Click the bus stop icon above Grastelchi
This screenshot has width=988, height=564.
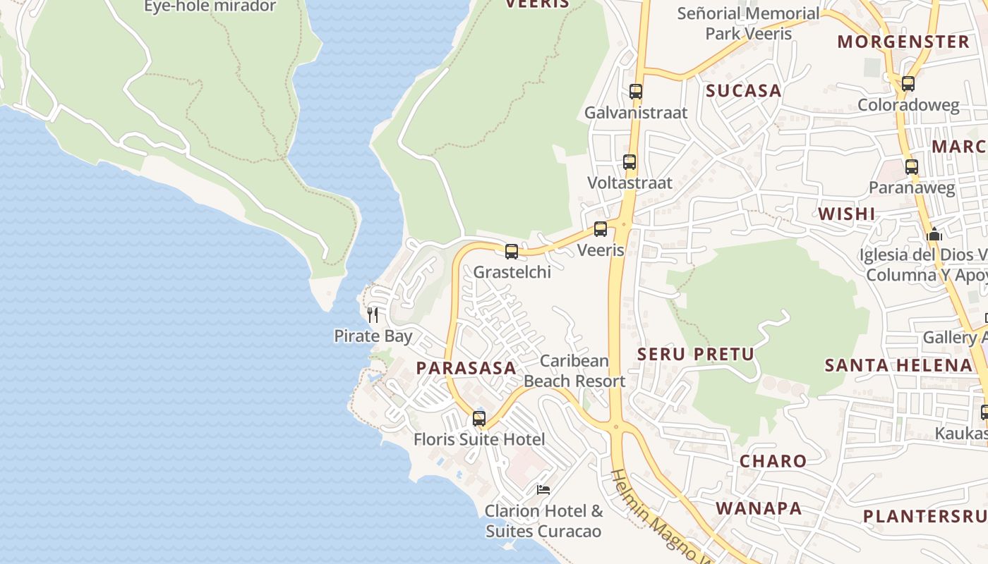point(512,251)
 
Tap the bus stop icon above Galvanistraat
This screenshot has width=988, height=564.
point(636,92)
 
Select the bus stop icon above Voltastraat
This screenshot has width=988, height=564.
point(629,162)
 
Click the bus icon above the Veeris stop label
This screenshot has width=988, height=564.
point(601,229)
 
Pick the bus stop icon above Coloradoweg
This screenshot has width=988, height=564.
point(908,84)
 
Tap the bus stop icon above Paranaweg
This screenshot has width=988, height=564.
point(912,167)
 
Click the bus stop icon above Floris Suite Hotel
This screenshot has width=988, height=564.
point(479,418)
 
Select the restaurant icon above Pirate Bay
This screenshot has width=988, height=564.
point(373,314)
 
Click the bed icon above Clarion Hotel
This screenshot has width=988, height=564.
point(543,489)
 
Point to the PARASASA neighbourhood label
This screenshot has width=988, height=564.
point(466,368)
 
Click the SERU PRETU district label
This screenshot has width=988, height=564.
point(696,354)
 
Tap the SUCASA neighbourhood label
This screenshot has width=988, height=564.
point(744,90)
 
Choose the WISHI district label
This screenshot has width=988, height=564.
point(846,214)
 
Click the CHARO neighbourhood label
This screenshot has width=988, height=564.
point(773,461)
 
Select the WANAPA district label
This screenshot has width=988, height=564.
point(759,508)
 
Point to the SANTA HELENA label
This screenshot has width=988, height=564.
point(898,365)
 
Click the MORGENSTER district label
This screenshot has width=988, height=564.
point(903,42)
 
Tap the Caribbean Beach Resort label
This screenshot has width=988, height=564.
point(574,371)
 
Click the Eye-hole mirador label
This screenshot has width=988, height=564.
point(210,7)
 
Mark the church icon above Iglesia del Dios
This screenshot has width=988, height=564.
point(934,234)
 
